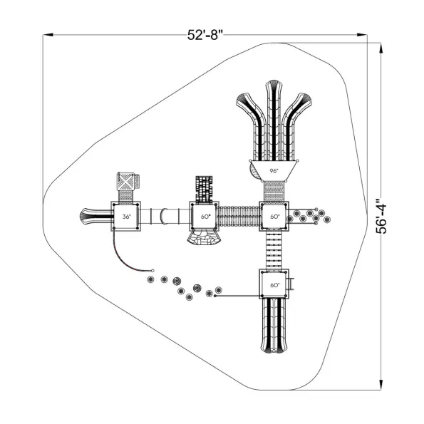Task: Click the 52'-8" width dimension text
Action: point(205,35)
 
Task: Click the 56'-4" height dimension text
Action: point(381,217)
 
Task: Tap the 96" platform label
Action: point(274,171)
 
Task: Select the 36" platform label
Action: point(126,217)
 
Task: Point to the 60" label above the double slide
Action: point(275,285)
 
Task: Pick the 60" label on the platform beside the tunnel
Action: point(205,217)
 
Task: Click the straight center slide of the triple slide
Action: point(274,120)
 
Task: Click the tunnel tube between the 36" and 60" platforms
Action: point(165,217)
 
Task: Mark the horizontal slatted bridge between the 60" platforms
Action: point(239,217)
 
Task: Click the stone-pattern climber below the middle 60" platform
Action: point(204,237)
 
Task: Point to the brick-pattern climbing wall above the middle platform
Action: point(204,190)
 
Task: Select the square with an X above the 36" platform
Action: point(125,182)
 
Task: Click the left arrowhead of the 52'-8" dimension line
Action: point(48,35)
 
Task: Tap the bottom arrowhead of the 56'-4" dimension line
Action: point(381,385)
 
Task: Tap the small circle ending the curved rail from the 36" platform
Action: point(152,270)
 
